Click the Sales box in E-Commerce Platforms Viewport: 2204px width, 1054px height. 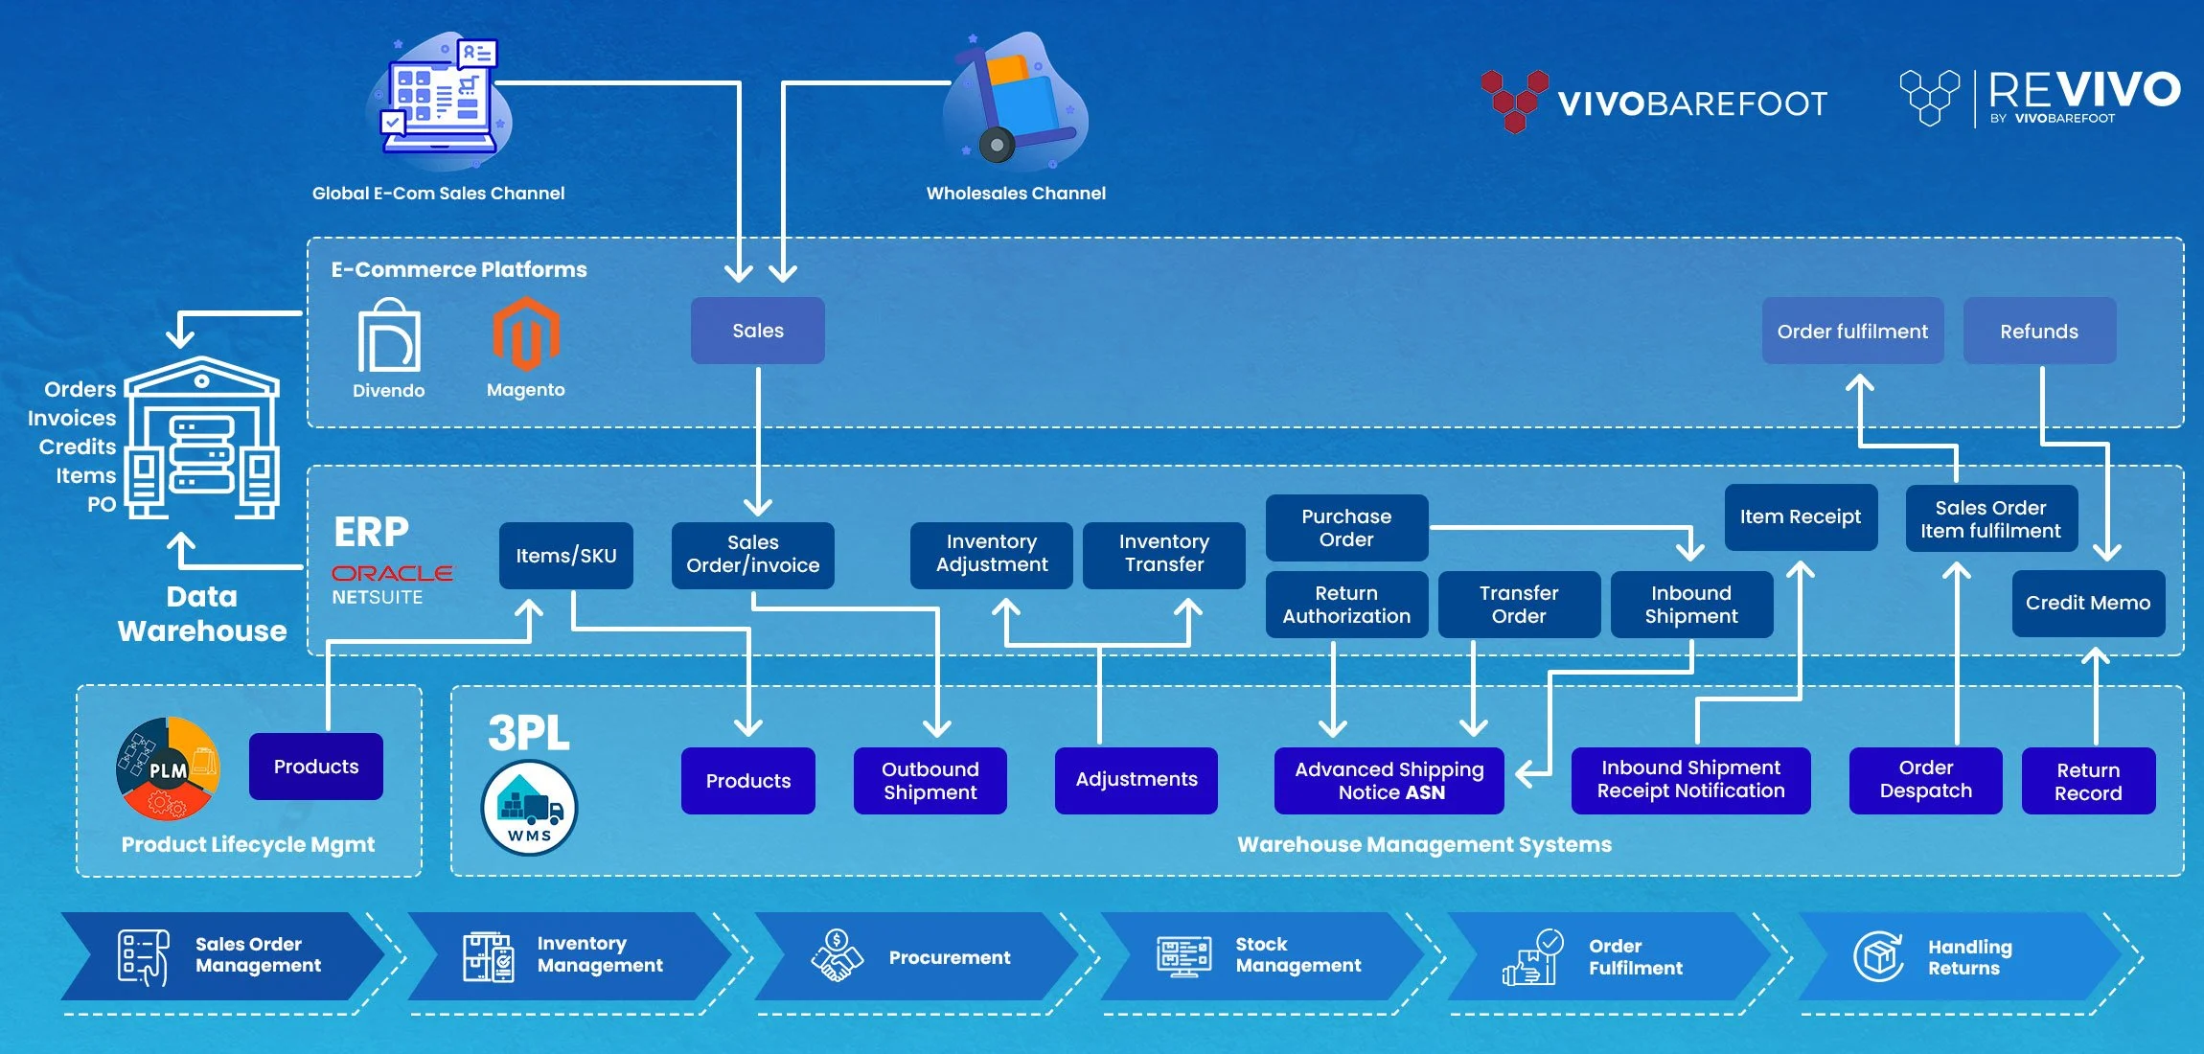[757, 331]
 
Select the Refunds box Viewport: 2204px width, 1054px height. [2039, 332]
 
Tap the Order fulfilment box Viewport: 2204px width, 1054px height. [1852, 332]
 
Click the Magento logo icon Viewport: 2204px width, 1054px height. [525, 334]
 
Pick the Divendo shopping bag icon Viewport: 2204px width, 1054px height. [388, 336]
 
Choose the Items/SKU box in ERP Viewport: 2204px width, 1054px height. [565, 556]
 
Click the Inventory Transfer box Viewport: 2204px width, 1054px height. [1163, 554]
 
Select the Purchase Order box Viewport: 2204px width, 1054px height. [1346, 528]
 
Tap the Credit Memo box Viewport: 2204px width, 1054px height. [2088, 603]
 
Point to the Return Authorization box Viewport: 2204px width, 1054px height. [1346, 605]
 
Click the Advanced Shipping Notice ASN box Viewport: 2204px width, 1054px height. [1389, 781]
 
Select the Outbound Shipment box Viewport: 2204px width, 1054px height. [930, 781]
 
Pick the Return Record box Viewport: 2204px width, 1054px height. [2088, 782]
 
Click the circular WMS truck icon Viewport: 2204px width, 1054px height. [529, 808]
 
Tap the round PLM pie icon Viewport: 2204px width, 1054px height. [168, 768]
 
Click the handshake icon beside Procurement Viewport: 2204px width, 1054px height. [837, 956]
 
